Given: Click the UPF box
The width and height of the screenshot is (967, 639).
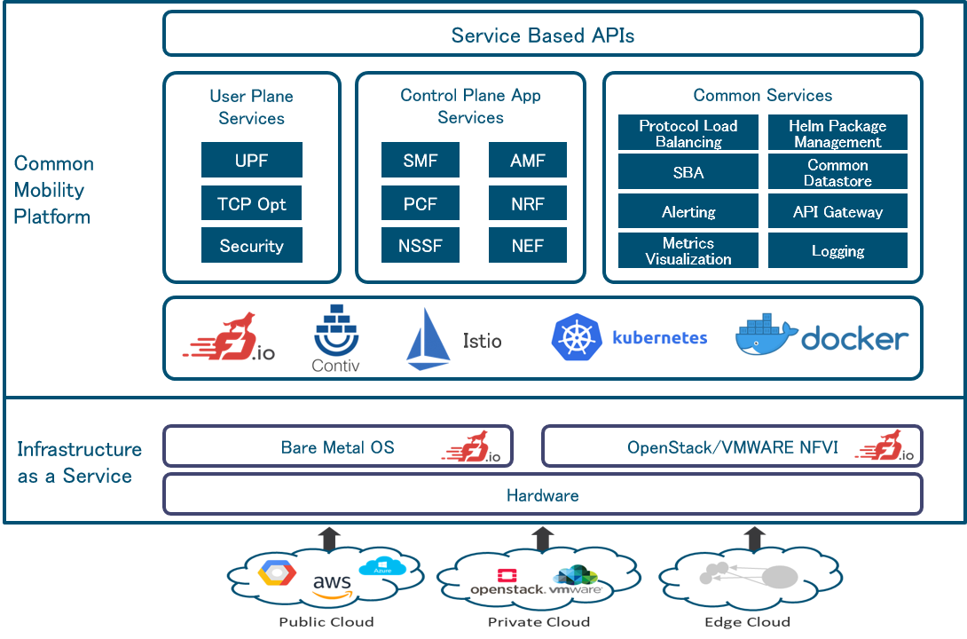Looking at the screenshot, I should point(251,161).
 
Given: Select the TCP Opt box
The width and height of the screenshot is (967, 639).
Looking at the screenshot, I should point(251,204).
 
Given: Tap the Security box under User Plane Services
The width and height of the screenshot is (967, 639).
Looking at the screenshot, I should point(251,246).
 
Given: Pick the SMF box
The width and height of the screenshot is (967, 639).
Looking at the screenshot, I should point(420,161).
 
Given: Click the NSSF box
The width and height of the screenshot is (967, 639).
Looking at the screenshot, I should point(420,246).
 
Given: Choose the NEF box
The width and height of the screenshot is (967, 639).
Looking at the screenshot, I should point(527,246).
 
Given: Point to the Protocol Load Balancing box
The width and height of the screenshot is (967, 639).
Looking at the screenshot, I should point(688,134).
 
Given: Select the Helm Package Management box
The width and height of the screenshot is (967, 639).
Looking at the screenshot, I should point(837,134).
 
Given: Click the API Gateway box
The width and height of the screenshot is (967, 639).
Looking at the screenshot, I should point(837,212).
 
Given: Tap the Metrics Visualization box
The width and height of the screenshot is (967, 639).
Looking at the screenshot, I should point(688,251).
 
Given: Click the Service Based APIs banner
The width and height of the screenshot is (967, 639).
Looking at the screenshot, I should point(542,35).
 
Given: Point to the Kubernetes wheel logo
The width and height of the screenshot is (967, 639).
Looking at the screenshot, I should point(578,338).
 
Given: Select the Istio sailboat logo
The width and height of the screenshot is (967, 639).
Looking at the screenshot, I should point(428,340).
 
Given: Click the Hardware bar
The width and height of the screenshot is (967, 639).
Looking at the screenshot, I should point(542,495).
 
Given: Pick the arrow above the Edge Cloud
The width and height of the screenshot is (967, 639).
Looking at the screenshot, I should point(755,536).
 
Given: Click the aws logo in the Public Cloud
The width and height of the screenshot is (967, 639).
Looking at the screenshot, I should point(332,584).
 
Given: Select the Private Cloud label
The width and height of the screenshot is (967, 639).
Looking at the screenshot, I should point(539,621).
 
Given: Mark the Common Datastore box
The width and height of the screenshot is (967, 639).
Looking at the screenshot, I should point(837,173).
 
